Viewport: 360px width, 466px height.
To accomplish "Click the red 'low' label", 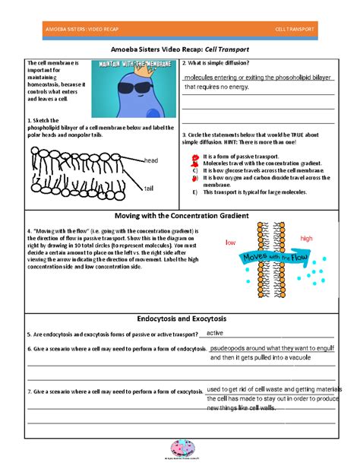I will (230, 243).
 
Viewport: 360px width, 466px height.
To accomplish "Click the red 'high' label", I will (306, 239).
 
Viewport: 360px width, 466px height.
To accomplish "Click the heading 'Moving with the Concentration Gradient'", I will (180, 216).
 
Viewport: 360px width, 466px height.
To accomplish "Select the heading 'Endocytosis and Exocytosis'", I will (180, 318).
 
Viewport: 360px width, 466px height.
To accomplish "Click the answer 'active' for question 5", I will (215, 333).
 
